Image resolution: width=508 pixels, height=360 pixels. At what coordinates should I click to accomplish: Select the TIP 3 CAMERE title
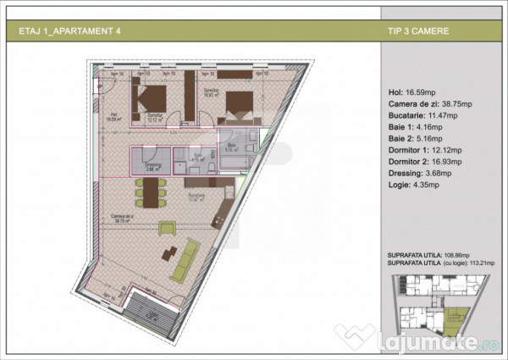pos(416,31)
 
